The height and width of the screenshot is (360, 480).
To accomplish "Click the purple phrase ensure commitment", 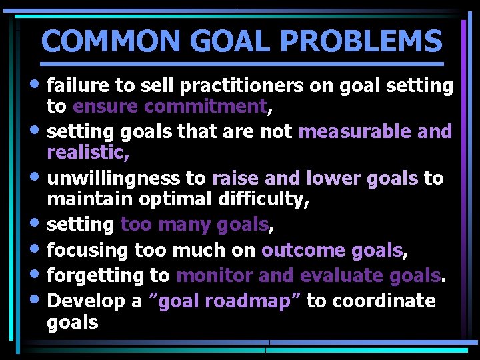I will point(170,106).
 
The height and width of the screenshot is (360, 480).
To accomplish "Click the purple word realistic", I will point(87,152).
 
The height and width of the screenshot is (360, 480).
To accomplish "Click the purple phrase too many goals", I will point(194,225).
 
